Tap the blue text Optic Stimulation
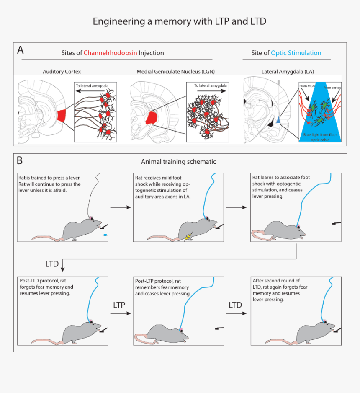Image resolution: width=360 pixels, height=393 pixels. [296, 53]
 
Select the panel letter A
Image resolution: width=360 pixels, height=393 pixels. [20, 50]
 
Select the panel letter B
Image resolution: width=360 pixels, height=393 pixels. [20, 160]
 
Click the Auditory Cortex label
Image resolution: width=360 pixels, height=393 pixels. [62, 72]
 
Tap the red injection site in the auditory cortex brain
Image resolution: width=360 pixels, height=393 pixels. [61, 114]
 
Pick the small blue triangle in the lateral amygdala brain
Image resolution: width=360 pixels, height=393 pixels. [278, 121]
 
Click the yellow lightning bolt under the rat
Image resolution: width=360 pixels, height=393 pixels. [188, 237]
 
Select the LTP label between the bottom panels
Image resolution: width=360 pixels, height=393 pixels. [119, 305]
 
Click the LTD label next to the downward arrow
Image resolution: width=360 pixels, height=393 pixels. [52, 264]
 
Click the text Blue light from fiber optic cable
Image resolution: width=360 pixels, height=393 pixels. [320, 137]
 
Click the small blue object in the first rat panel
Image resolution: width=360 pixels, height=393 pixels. [105, 235]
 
